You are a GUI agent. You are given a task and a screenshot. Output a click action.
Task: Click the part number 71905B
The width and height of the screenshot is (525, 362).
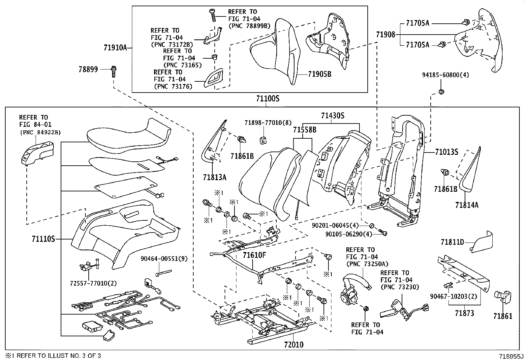(x=320, y=74)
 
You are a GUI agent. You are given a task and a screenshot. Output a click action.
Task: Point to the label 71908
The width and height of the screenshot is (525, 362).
(x=385, y=34)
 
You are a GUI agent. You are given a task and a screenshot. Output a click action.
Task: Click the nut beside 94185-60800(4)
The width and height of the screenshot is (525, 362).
(x=442, y=92)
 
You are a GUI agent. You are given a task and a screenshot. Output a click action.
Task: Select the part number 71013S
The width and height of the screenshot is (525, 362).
(x=447, y=152)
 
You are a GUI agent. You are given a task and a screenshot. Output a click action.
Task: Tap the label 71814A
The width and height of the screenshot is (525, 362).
(x=467, y=205)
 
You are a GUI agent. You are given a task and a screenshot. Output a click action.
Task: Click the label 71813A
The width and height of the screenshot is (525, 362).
(x=215, y=178)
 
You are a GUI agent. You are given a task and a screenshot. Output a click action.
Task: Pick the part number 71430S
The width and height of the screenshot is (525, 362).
(x=333, y=116)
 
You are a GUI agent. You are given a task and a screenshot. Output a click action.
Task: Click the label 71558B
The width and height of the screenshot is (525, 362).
(x=305, y=130)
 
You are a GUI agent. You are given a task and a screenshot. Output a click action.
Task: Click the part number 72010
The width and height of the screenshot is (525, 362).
(x=293, y=345)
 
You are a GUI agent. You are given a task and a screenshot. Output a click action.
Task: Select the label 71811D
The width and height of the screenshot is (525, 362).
(x=452, y=242)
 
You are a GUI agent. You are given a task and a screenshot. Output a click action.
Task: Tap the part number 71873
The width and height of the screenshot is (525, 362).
(x=464, y=313)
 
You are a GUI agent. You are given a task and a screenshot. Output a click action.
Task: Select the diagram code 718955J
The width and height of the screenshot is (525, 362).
(x=511, y=356)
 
